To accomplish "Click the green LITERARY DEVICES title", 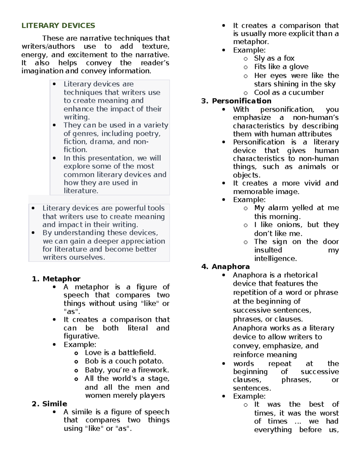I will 58,26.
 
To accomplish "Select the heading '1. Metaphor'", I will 56,279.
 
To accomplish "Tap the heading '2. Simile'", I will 49,404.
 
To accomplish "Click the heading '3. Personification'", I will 236,101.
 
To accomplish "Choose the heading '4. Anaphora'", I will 226,266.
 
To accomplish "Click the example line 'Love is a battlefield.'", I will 120,353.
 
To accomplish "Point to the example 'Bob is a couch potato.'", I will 124,361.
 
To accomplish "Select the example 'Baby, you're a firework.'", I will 127,370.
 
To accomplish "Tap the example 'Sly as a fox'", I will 274,58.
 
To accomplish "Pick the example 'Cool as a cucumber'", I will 289,92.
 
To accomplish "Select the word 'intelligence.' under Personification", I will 275,258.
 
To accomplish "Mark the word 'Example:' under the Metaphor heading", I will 80,344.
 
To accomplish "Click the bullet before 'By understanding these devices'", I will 33,233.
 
